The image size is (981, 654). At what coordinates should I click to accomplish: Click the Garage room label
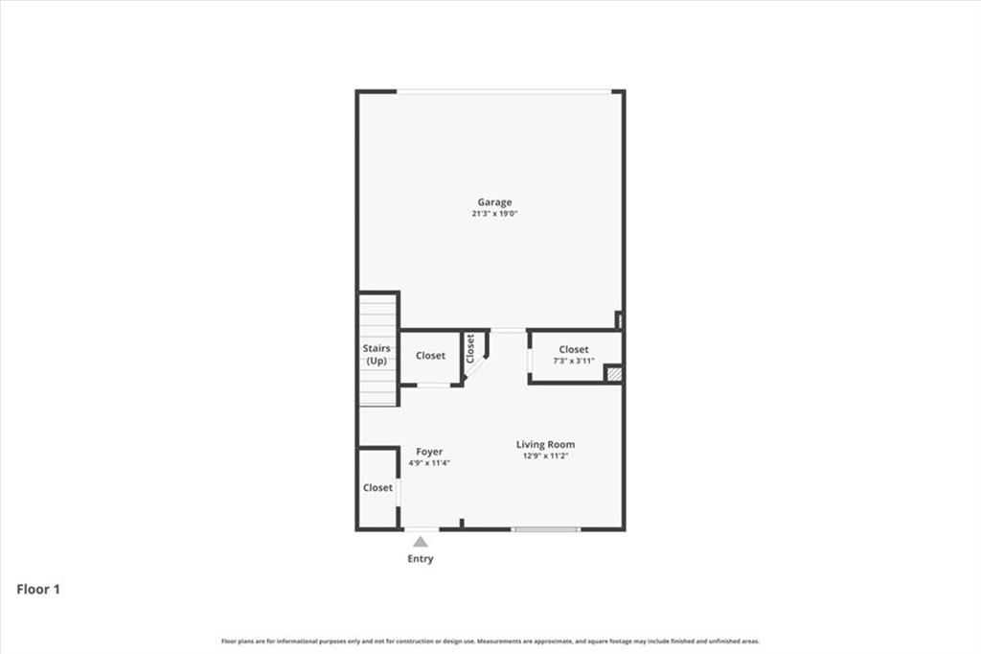pyautogui.click(x=494, y=202)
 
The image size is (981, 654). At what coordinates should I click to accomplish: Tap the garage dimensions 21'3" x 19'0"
pyautogui.click(x=494, y=214)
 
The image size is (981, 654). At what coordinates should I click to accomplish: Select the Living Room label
pyautogui.click(x=545, y=444)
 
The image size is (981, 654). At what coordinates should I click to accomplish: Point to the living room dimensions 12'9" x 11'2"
pyautogui.click(x=545, y=456)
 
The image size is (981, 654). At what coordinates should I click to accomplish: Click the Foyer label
pyautogui.click(x=429, y=452)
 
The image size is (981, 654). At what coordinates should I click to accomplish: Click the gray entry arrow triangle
pyautogui.click(x=421, y=542)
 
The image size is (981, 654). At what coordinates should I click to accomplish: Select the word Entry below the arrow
pyautogui.click(x=421, y=559)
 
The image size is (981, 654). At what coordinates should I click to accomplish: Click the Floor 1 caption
pyautogui.click(x=38, y=590)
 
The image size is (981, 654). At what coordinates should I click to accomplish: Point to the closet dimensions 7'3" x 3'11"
pyautogui.click(x=574, y=362)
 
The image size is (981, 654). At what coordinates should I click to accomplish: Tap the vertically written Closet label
pyautogui.click(x=470, y=347)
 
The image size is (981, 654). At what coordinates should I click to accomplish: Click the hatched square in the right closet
pyautogui.click(x=614, y=374)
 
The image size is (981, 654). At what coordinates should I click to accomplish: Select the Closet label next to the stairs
pyautogui.click(x=430, y=356)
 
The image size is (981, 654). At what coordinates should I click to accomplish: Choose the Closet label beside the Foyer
pyautogui.click(x=377, y=487)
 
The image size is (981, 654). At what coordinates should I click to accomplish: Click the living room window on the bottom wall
pyautogui.click(x=545, y=528)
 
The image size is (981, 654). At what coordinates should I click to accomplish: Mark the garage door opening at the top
pyautogui.click(x=504, y=92)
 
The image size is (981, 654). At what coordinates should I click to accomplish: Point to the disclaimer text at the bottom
pyautogui.click(x=490, y=642)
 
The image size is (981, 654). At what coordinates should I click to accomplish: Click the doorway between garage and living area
pyautogui.click(x=509, y=331)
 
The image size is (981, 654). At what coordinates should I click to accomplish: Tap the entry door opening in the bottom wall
pyautogui.click(x=422, y=528)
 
